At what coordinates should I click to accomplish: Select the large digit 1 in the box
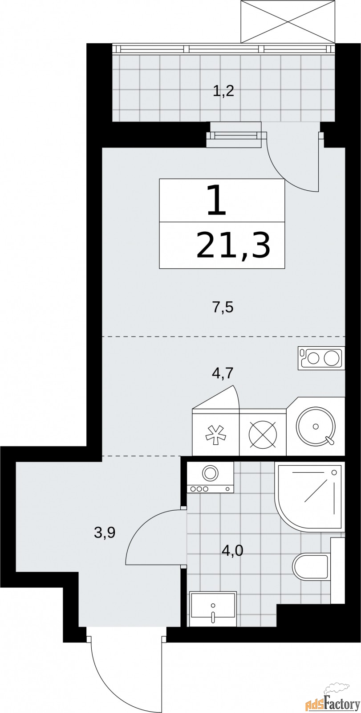[x=217, y=201]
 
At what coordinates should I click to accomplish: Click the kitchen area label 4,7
[x=223, y=372]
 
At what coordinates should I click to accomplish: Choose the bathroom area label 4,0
[x=232, y=551]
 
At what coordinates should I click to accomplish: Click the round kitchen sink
[x=316, y=426]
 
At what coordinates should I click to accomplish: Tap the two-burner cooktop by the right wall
[x=321, y=359]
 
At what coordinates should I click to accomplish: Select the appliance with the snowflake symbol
[x=215, y=434]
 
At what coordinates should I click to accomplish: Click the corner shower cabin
[x=310, y=495]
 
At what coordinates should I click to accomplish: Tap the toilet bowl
[x=310, y=567]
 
